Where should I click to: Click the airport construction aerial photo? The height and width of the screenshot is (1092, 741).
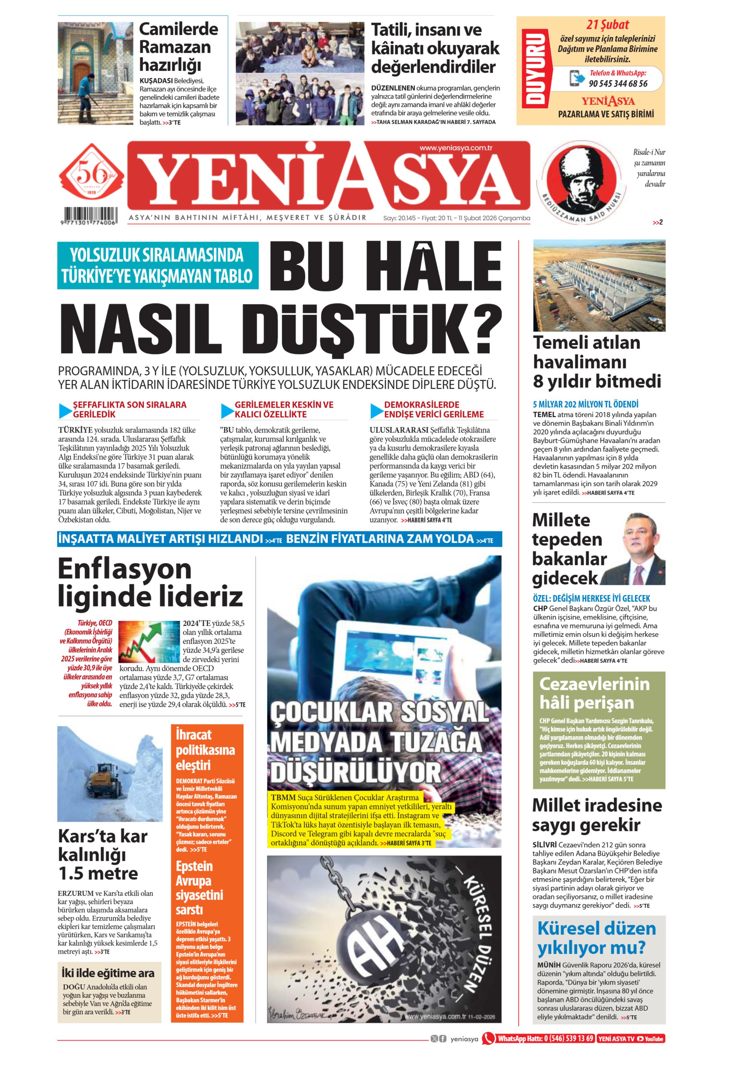coord(599,286)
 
